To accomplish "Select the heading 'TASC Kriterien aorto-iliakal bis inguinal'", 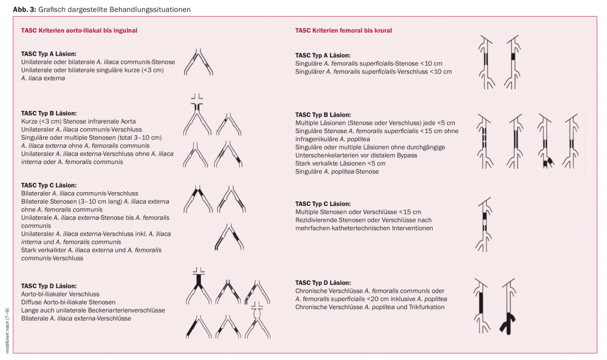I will coord(79,31).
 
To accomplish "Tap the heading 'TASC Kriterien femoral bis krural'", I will coord(344,31).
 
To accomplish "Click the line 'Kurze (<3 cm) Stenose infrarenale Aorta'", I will coord(78,121).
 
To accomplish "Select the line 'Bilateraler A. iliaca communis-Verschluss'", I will coord(79,193).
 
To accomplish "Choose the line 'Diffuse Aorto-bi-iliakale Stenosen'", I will coord(68,302).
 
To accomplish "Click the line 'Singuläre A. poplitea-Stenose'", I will coord(337,172).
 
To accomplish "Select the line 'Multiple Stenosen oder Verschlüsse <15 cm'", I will coord(358,212).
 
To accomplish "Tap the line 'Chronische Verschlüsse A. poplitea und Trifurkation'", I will coord(370,307).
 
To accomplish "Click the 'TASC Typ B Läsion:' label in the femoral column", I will coord(323,115).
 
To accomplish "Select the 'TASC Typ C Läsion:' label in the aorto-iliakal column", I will coord(49,186).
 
